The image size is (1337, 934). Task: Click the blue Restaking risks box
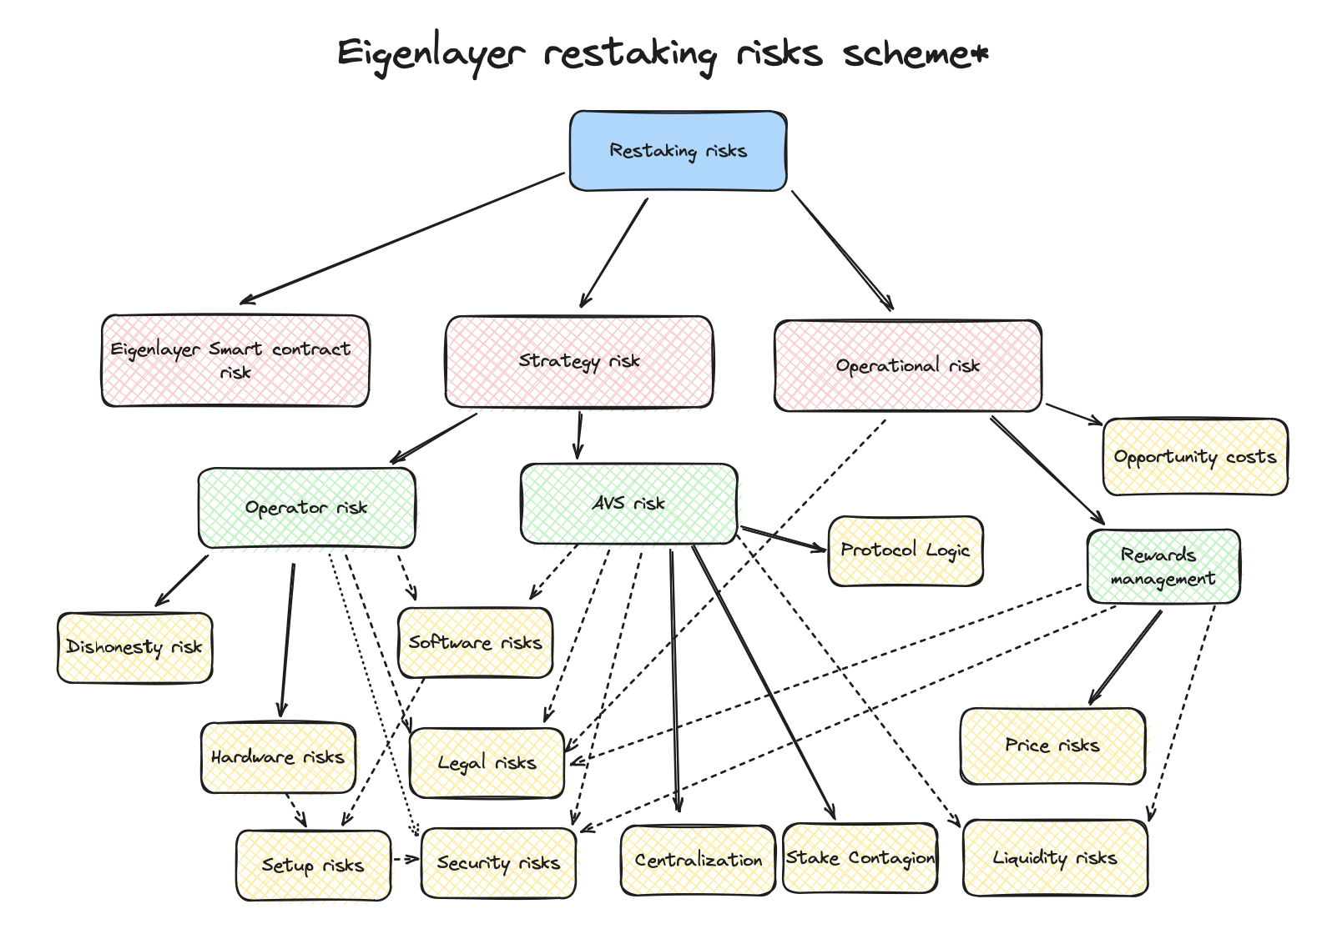click(x=678, y=151)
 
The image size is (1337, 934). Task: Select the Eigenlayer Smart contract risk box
click(x=235, y=360)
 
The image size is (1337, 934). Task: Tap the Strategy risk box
click(x=579, y=361)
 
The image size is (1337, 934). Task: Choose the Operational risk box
click(x=908, y=365)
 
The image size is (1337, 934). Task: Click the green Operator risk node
click(x=306, y=507)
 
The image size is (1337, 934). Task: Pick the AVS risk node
click(x=628, y=503)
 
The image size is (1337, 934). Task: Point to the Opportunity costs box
click(x=1195, y=456)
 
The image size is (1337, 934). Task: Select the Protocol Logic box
click(x=906, y=550)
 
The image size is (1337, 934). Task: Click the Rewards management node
click(x=1163, y=566)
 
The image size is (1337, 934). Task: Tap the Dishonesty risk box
click(x=134, y=647)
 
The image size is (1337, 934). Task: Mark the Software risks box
click(x=475, y=642)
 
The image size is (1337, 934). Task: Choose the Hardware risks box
click(x=278, y=757)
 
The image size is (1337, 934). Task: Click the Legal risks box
click(x=487, y=762)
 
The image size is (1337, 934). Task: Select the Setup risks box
click(x=313, y=866)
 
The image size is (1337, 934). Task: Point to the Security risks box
click(x=498, y=863)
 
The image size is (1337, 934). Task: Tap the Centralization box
click(x=698, y=860)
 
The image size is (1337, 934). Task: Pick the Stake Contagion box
click(x=860, y=857)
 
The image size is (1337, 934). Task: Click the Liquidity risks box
click(x=1055, y=857)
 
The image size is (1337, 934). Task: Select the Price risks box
click(x=1052, y=746)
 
